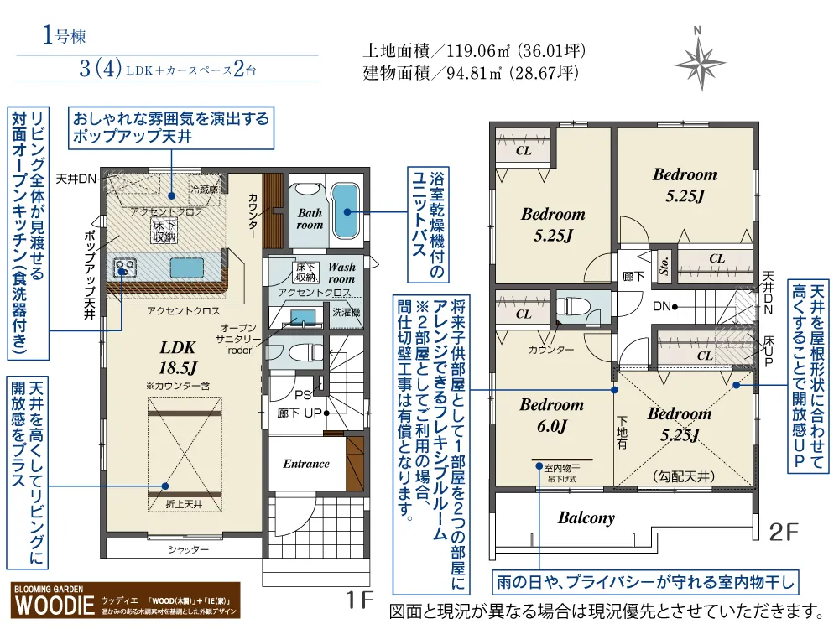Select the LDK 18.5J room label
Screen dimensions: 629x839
pos(178,356)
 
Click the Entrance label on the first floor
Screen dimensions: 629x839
pos(305,464)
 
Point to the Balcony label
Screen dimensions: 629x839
pos(586,517)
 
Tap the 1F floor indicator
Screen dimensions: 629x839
pos(359,600)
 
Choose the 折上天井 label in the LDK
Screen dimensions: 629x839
pos(185,503)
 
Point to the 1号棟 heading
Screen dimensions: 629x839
pos(64,36)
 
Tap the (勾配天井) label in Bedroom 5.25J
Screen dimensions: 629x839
pos(683,476)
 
